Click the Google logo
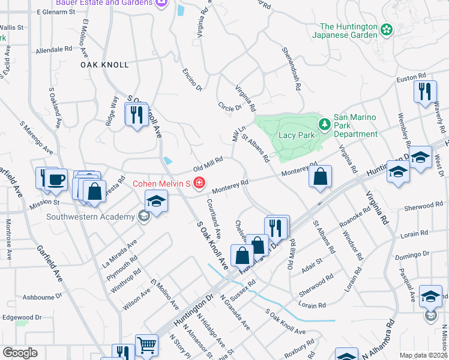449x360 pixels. coord(19,353)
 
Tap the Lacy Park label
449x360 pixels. coord(297,136)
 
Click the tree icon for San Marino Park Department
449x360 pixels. coord(325,124)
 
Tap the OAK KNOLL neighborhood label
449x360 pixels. coord(104,64)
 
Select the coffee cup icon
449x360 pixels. coord(56,179)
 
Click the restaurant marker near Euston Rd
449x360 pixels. coord(424,91)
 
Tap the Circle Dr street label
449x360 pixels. coord(229,106)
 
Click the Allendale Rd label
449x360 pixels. coord(54,50)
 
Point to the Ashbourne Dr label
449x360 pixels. coord(42,296)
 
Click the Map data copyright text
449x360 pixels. coord(423,355)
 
